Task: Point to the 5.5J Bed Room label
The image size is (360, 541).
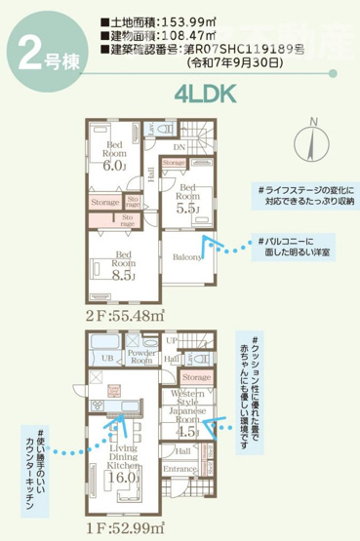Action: (x=188, y=200)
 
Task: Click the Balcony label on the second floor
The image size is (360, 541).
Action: (x=189, y=257)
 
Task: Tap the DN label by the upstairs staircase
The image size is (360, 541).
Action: (x=179, y=147)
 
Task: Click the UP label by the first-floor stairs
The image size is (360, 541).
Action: (x=173, y=341)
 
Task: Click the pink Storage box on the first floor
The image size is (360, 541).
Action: (x=195, y=376)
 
